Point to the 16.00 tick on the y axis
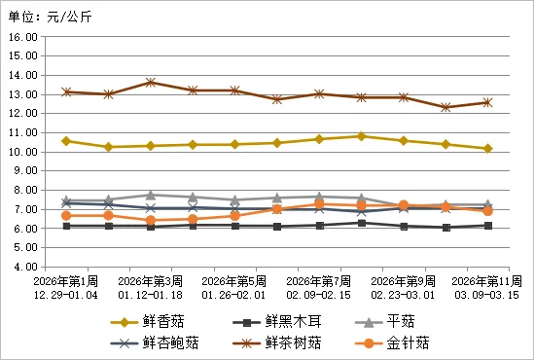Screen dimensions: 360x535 (22, 36)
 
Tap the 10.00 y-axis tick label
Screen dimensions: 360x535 (22, 152)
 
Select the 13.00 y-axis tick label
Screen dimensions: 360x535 (22, 94)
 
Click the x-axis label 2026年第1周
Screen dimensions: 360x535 (66, 280)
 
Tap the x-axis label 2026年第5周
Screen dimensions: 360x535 (234, 280)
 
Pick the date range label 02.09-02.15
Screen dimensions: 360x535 (319, 293)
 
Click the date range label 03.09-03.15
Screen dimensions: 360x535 (487, 293)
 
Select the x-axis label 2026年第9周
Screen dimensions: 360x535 (404, 280)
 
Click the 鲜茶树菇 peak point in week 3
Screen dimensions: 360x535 (151, 83)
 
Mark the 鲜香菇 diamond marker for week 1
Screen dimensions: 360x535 (66, 141)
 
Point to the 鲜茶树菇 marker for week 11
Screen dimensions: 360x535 (487, 102)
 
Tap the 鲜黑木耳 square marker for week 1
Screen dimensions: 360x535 (66, 226)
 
